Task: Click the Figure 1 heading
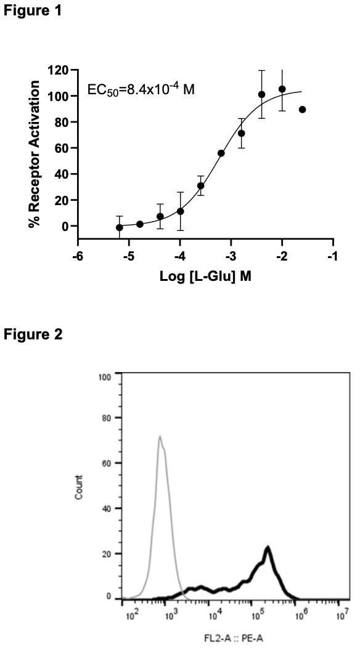point(33,10)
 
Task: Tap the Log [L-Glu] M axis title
point(206,276)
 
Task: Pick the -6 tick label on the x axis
point(78,256)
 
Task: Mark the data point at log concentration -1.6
point(303,110)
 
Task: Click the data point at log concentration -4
point(181,211)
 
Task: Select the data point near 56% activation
point(221,153)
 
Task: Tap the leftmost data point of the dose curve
point(119,227)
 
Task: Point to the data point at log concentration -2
point(282,89)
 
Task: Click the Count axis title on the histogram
point(79,487)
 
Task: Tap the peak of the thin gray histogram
point(160,436)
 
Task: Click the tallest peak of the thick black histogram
point(268,548)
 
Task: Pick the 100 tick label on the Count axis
point(105,376)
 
